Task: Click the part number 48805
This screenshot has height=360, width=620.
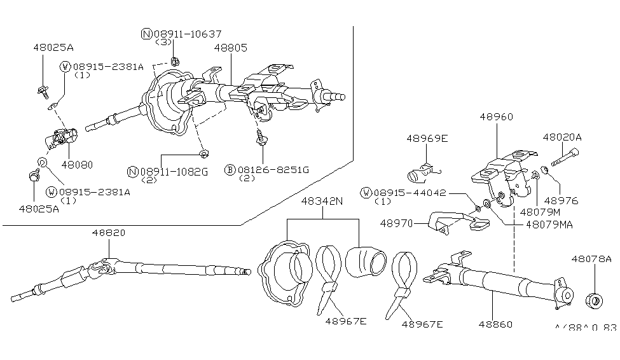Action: pyautogui.click(x=231, y=48)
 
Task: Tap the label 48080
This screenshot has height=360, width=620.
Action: pyautogui.click(x=77, y=165)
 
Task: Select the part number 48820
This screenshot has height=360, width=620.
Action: pyautogui.click(x=108, y=233)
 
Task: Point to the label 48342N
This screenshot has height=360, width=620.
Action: pyautogui.click(x=322, y=201)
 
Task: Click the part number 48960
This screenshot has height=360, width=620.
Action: pyautogui.click(x=496, y=116)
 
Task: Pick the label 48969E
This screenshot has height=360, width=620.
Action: pyautogui.click(x=427, y=139)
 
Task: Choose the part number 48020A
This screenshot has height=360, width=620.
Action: pyautogui.click(x=562, y=137)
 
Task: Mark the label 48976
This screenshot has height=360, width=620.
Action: pyautogui.click(x=561, y=200)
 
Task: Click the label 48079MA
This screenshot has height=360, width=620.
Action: pyautogui.click(x=549, y=225)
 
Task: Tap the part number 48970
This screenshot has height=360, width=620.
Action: pyautogui.click(x=396, y=223)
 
